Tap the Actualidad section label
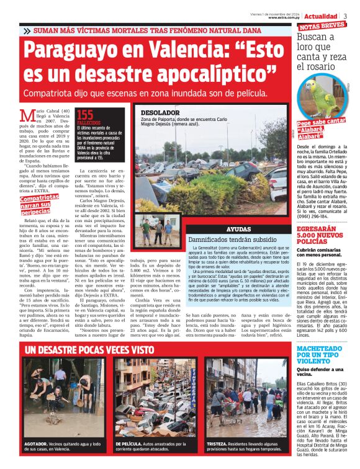click(321, 16)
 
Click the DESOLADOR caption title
click(160, 112)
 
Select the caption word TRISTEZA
click(219, 445)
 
